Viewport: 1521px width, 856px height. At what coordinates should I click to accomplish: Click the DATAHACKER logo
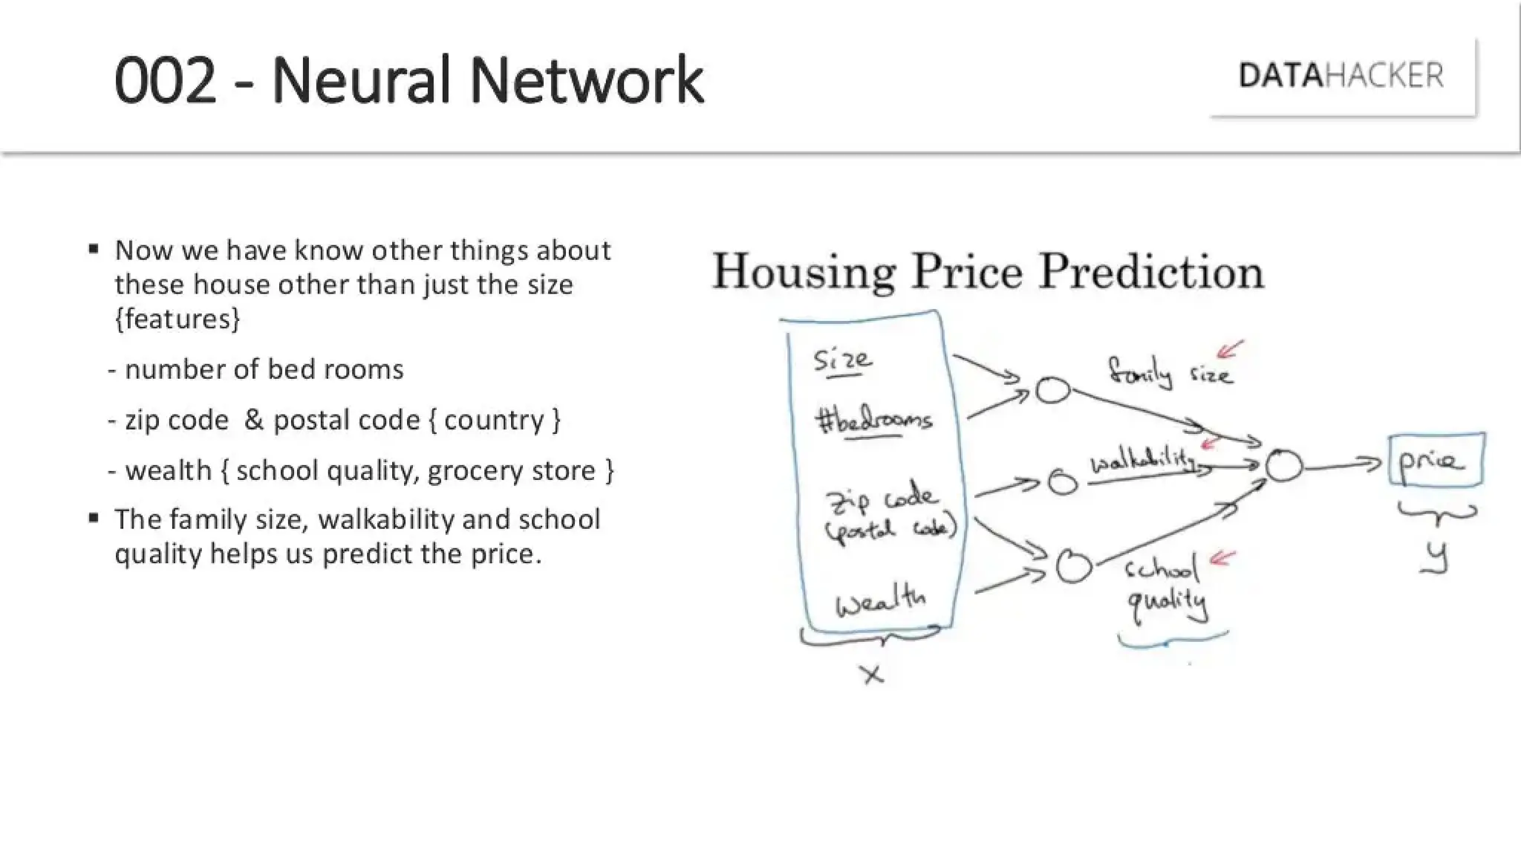(1341, 76)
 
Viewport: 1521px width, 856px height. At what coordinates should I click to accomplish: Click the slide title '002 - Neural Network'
(408, 80)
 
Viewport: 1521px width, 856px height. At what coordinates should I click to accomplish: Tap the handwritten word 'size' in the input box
(842, 360)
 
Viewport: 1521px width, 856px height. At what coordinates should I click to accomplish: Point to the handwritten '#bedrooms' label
(873, 421)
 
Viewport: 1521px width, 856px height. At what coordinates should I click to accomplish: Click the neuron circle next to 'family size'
(1052, 390)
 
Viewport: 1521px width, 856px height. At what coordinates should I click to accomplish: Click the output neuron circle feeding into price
(1283, 466)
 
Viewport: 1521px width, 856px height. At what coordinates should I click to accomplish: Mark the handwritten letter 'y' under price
(1438, 557)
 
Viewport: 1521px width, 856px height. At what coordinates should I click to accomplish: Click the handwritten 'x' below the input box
(873, 675)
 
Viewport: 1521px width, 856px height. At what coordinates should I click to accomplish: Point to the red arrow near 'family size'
(1229, 348)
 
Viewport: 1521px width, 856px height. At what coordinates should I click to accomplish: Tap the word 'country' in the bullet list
(494, 421)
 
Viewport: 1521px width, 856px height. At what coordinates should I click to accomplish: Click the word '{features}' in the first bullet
(177, 319)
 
